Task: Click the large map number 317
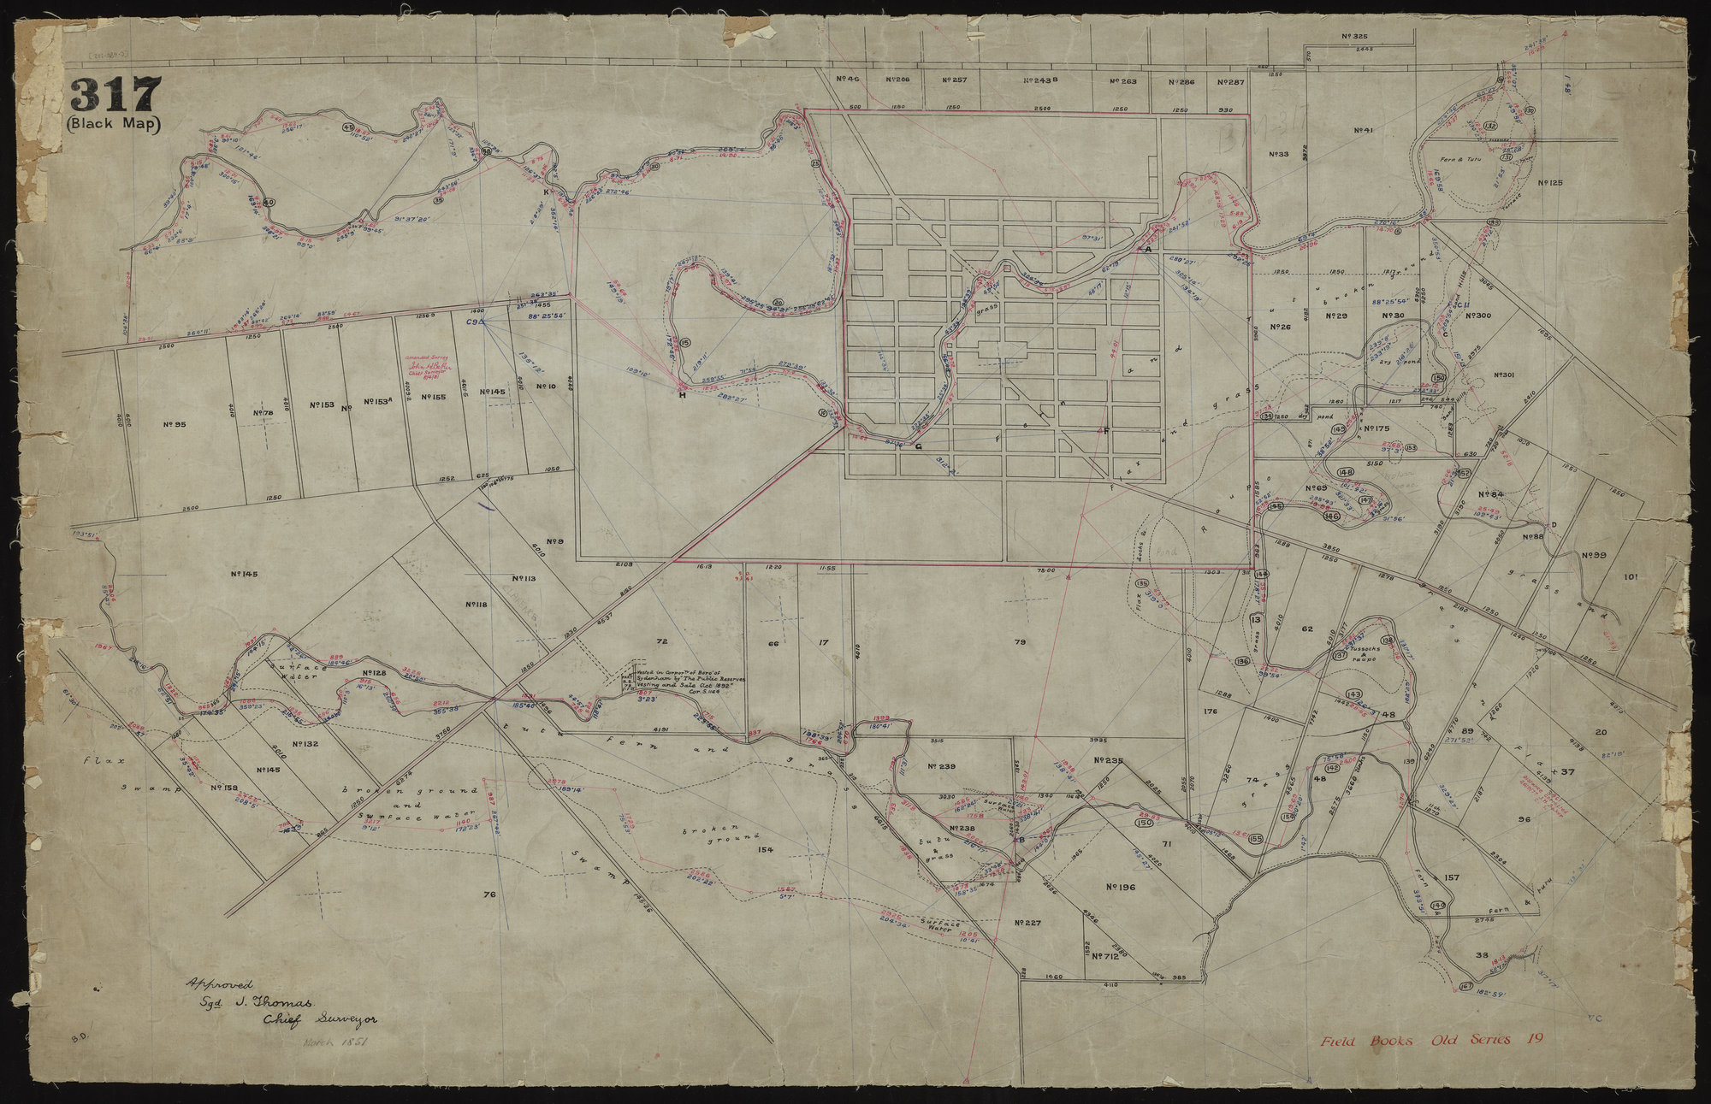pos(115,95)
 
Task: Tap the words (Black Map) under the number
pos(115,123)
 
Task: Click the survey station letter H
pos(682,395)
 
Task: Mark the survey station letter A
pos(1148,249)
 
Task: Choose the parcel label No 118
pos(477,605)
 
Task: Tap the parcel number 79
pos(1019,641)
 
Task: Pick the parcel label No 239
pos(940,767)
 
